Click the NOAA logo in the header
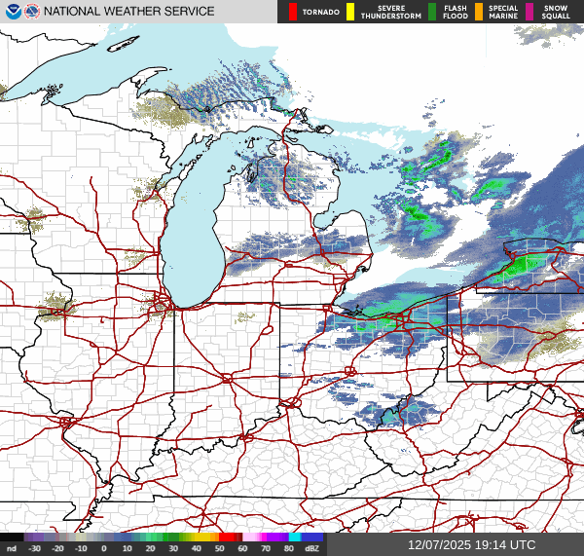coord(12,12)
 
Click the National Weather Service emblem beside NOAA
coord(31,12)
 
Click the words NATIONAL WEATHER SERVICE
coord(128,12)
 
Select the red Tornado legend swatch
coord(293,12)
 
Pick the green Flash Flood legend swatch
coord(431,12)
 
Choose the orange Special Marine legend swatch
coord(479,12)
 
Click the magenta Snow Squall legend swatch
coord(530,12)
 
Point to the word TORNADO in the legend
coord(321,12)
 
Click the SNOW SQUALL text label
coord(556,12)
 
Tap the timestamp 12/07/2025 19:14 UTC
coord(471,545)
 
